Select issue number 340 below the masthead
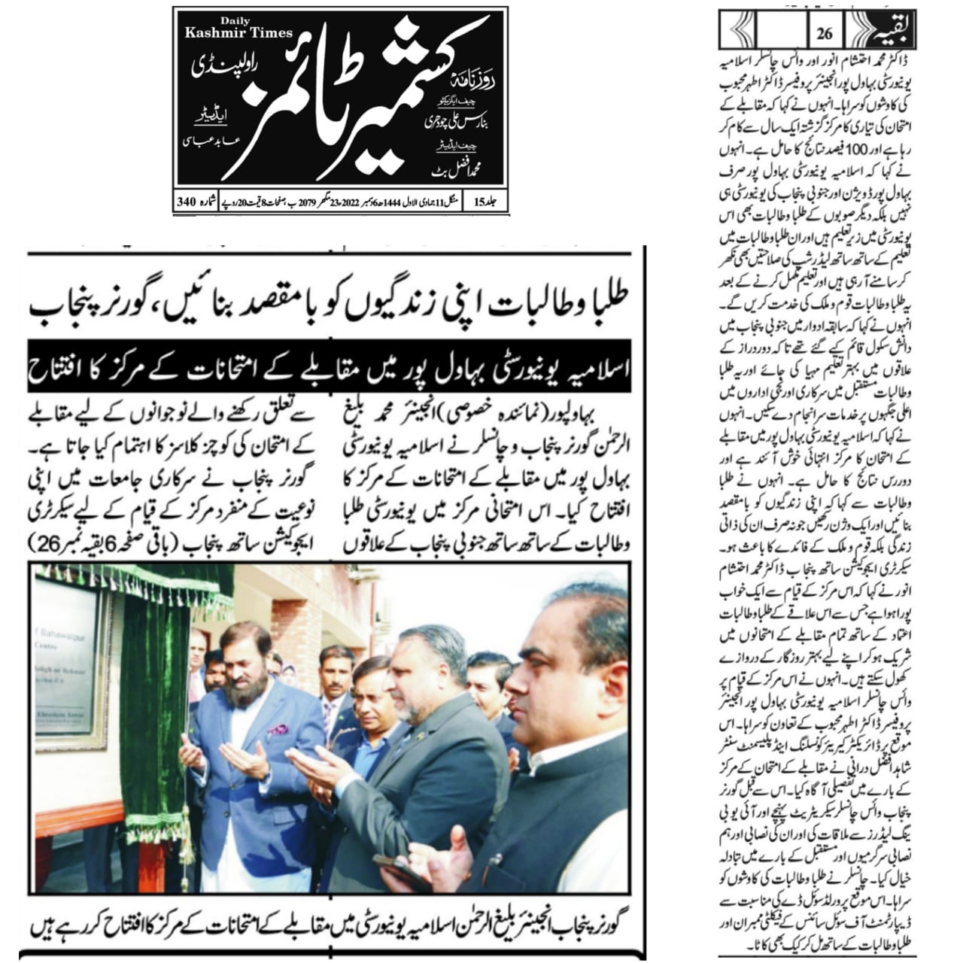(x=186, y=202)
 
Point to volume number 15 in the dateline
(x=480, y=202)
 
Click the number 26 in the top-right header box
(x=824, y=34)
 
